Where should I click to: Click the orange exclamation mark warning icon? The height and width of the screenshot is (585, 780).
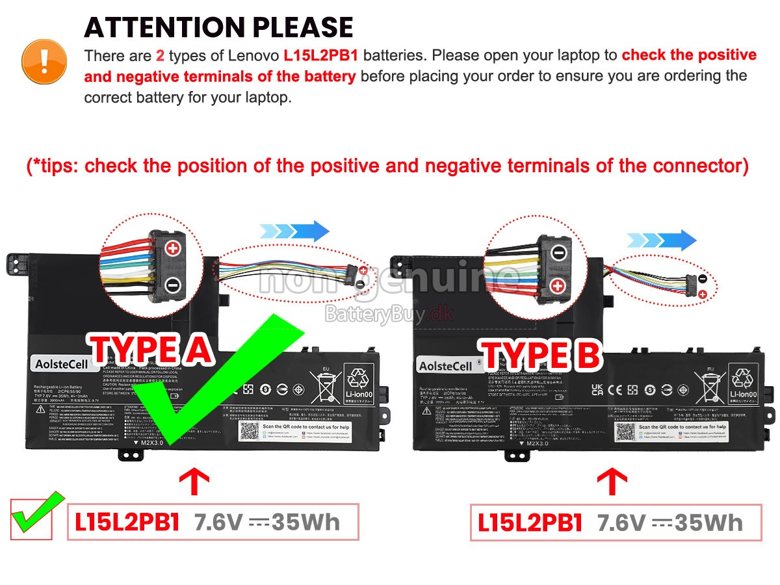44,60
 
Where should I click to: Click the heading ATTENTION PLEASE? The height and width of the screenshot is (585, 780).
218,27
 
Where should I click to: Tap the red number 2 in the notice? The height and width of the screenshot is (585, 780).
160,56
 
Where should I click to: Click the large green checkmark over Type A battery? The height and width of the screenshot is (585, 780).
214,383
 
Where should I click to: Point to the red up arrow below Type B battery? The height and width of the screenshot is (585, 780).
612,482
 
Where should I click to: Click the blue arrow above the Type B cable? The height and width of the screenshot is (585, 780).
662,240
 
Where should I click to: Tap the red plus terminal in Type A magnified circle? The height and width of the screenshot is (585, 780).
173,248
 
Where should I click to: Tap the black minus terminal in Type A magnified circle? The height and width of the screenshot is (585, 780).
173,284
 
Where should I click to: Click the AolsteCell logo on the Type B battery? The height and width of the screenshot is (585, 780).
446,366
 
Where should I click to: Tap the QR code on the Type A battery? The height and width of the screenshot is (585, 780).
248,430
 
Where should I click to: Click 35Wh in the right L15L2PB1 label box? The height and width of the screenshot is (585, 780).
708,522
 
